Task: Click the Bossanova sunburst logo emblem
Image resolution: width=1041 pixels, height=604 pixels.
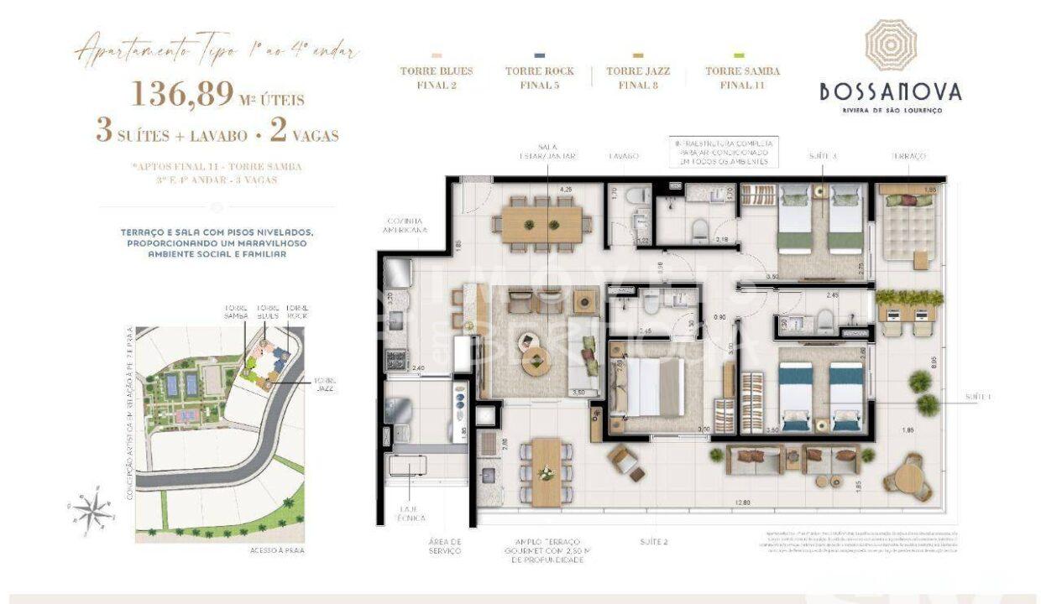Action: pos(891,44)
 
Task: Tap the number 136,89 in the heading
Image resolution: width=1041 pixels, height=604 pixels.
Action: pos(181,95)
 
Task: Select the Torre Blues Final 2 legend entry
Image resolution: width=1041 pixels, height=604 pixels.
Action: pos(436,76)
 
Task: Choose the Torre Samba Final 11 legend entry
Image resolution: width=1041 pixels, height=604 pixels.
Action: pos(742,76)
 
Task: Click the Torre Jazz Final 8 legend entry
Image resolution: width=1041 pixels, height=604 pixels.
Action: pos(641,76)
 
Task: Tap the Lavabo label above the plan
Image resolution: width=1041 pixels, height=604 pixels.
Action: pos(624,156)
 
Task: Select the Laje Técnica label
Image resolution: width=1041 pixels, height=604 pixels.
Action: pos(411,513)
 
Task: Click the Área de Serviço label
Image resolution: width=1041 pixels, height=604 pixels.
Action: pos(444,546)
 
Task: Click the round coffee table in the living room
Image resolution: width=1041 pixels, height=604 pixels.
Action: pos(537,364)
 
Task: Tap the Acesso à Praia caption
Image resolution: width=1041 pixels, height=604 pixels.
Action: pos(276,550)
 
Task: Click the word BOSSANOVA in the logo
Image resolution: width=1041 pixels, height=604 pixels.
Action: pos(891,91)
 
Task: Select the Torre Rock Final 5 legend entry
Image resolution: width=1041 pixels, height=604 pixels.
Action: pos(539,76)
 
